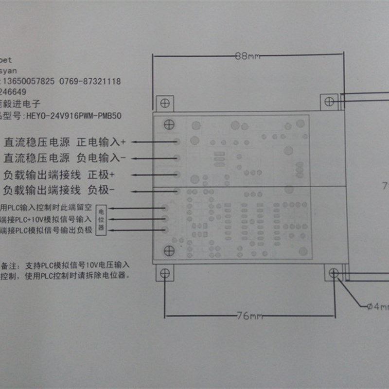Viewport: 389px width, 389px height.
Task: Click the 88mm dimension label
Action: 247,56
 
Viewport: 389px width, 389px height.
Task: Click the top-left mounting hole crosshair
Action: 165,103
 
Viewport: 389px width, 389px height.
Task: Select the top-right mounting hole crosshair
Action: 329,101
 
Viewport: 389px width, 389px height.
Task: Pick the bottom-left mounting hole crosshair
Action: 164,273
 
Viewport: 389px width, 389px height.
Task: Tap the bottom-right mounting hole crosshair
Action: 333,273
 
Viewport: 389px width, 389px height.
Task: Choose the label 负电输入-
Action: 102,158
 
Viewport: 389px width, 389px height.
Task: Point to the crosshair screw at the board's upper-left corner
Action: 168,124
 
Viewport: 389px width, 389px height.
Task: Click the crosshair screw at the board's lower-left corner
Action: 169,251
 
